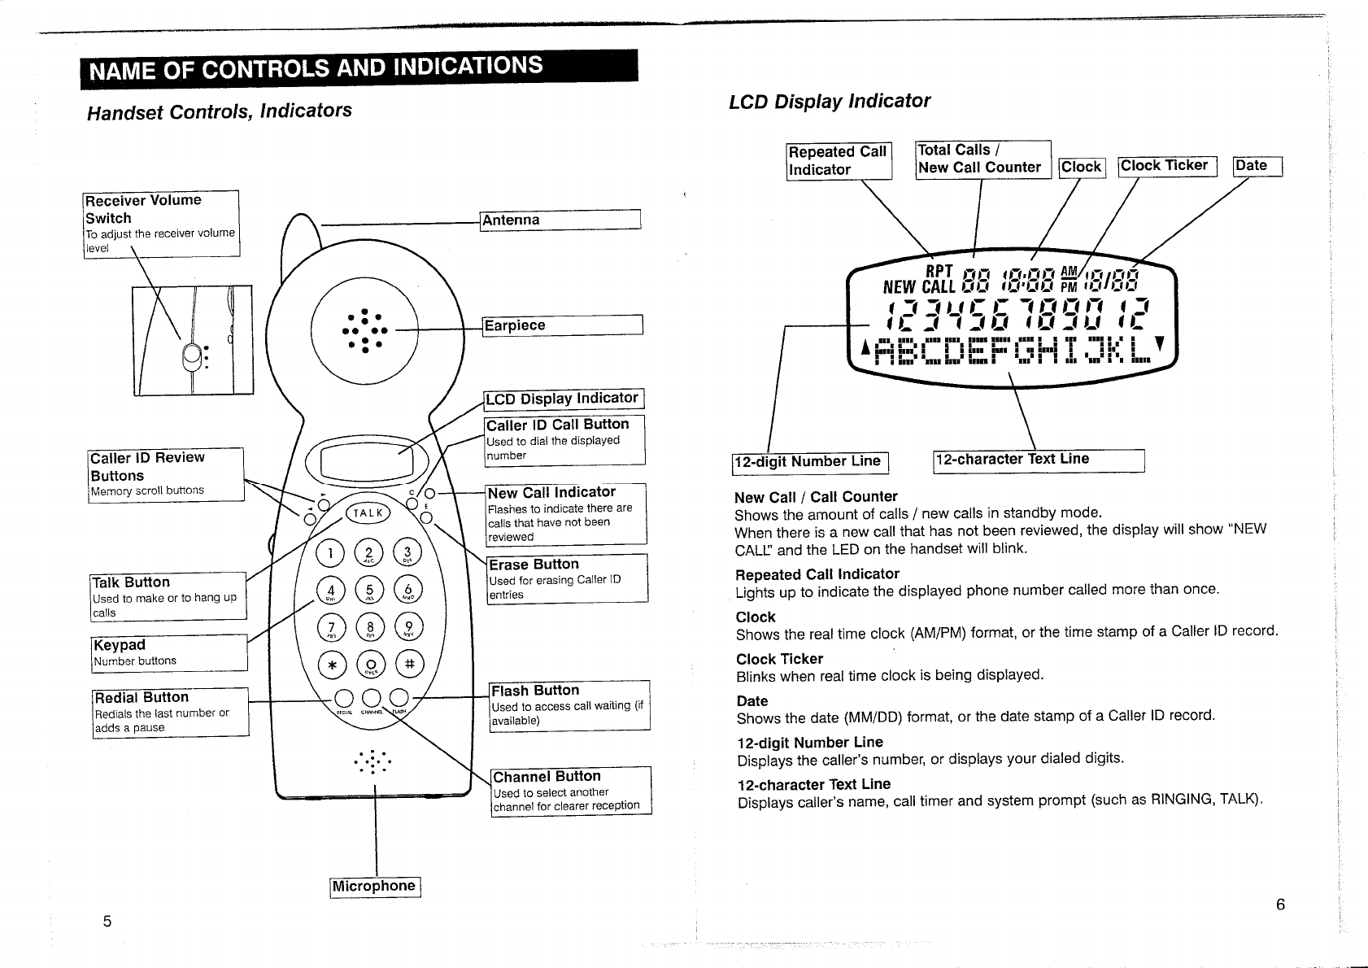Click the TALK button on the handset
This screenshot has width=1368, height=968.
coord(368,512)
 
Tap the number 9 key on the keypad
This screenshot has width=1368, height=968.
coord(408,628)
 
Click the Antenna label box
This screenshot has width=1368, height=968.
coord(560,220)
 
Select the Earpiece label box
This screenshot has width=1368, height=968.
coord(562,325)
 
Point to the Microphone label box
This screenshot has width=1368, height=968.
coord(375,887)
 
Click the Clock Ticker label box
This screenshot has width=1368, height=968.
coord(1166,166)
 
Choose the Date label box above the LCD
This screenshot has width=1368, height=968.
coord(1257,166)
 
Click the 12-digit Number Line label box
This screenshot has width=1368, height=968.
coord(810,462)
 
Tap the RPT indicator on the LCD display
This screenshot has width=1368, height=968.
coord(939,271)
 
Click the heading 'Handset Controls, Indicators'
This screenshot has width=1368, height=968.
coord(220,111)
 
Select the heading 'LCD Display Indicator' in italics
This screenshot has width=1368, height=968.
coord(829,102)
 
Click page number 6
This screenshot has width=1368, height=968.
coord(1280,905)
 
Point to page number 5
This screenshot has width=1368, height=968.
coord(107,921)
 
